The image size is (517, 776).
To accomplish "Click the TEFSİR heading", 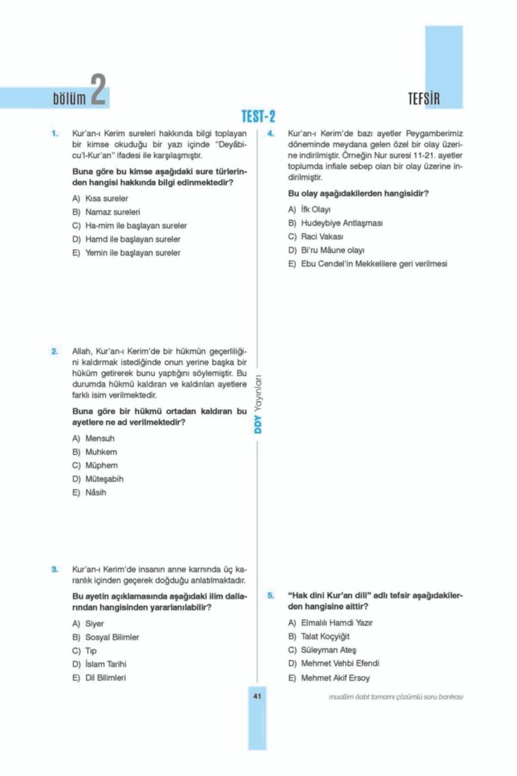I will click(424, 99).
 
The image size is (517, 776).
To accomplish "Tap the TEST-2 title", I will click(258, 117).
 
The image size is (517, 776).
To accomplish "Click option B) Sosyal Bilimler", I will click(105, 636).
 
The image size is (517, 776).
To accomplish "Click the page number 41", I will click(258, 696).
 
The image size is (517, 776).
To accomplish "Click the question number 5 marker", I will click(271, 595).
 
